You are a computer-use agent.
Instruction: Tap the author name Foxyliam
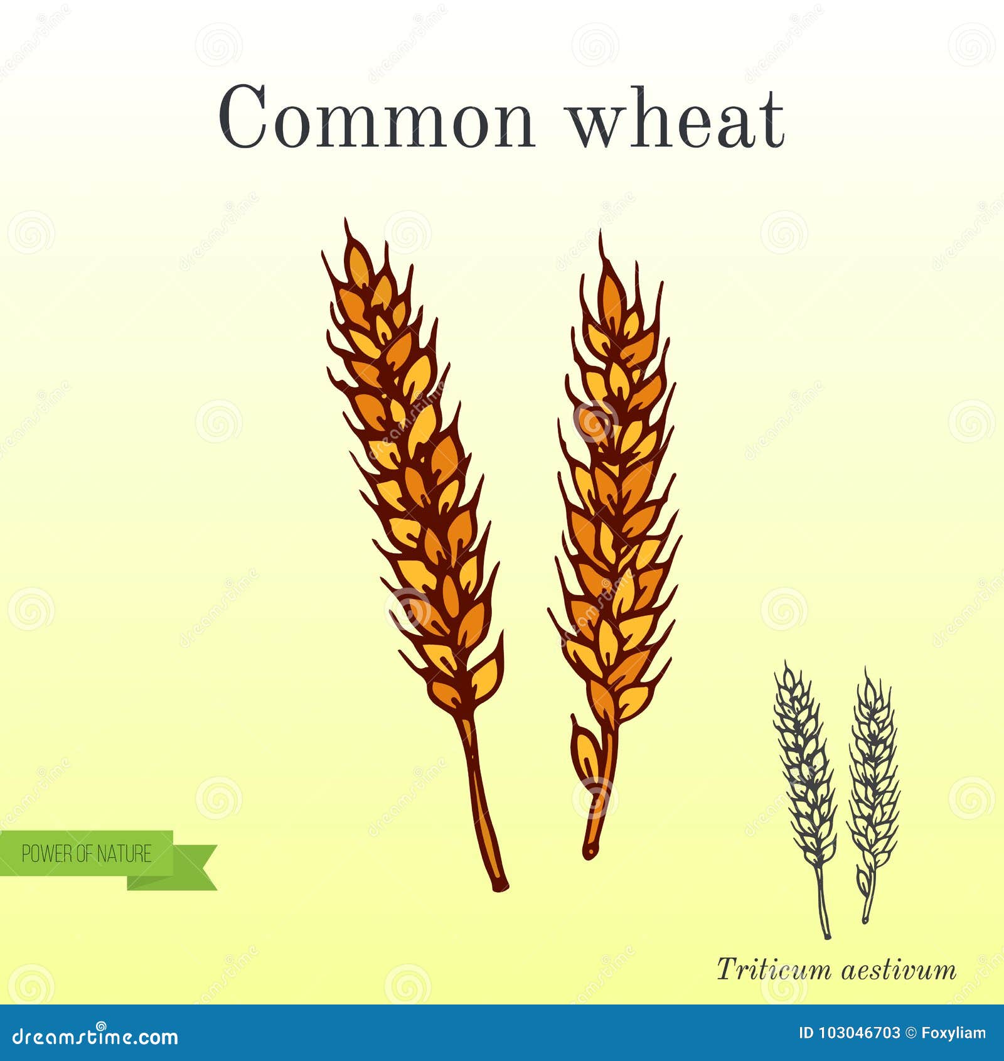953,1033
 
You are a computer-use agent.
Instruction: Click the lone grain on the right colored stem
585,747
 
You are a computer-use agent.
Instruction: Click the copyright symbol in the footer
911,1033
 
